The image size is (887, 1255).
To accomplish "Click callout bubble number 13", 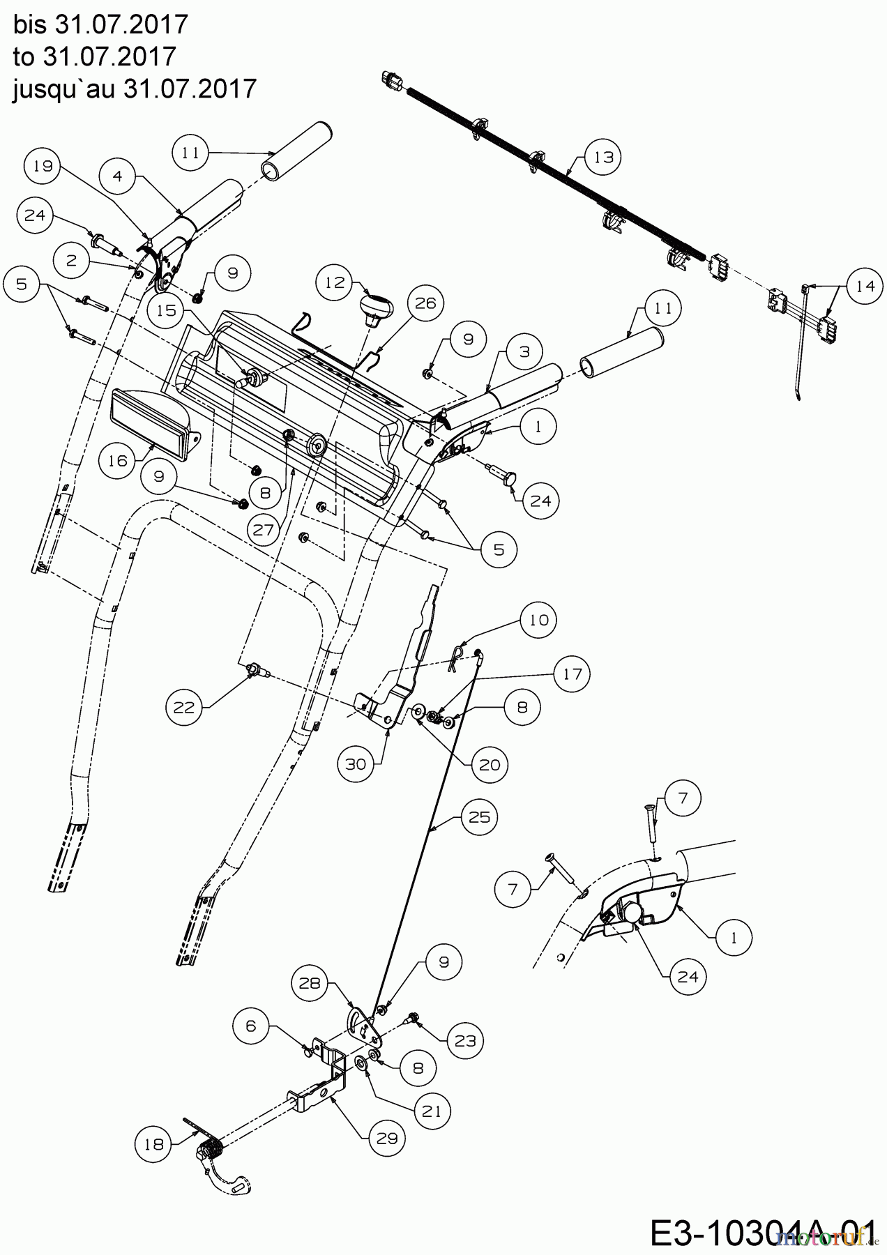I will point(604,157).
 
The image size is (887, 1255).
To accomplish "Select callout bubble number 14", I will point(865,286).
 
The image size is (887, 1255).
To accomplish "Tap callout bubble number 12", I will point(335,282).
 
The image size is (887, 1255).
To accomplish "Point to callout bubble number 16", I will point(118,461).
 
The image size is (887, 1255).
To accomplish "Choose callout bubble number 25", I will point(480,816).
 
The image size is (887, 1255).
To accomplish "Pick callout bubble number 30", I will point(356,764).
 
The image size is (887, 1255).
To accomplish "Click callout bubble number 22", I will point(184,708).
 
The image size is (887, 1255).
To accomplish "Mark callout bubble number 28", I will point(310,983).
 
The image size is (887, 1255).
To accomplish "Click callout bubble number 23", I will point(465,1040).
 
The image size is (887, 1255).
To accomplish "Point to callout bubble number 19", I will point(43,166).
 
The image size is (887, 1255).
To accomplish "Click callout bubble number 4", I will point(117,176).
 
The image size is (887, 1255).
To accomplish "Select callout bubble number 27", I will point(264,529).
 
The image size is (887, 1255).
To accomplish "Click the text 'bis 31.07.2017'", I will point(100,24).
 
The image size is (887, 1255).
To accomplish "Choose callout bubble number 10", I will point(539,620).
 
